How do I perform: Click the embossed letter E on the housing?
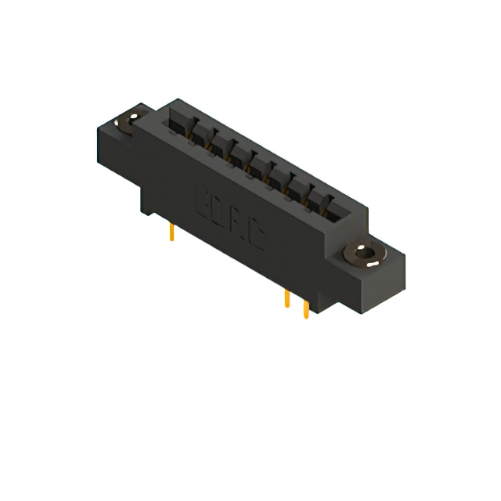click(202, 200)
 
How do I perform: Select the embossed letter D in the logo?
click(218, 210)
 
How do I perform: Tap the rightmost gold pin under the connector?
click(305, 308)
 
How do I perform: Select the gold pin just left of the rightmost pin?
click(287, 300)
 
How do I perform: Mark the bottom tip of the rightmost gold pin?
click(305, 317)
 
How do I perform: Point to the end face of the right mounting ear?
click(395, 274)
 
